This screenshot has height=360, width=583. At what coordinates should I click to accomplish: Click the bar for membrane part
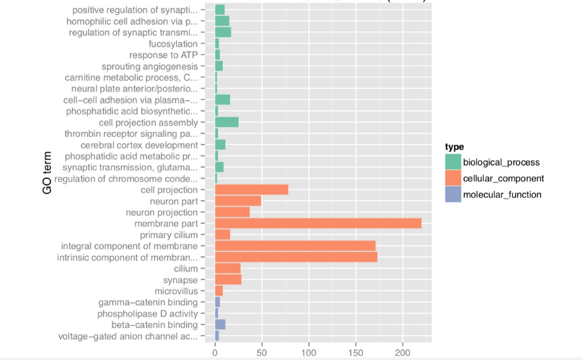tap(318, 224)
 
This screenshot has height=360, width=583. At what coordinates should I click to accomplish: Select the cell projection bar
tap(251, 190)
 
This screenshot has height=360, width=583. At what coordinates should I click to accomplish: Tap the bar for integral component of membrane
tap(295, 246)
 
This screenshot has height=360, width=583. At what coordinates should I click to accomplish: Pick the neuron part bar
tap(238, 201)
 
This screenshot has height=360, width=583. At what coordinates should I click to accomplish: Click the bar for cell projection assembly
tap(227, 122)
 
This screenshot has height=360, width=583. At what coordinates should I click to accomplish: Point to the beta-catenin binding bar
tap(220, 325)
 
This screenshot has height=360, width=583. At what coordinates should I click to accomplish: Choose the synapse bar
tap(228, 280)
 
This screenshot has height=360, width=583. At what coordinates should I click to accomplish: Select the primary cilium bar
tap(222, 235)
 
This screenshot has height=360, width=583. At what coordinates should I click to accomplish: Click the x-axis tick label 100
tap(309, 353)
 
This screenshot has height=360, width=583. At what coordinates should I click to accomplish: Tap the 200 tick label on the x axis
tap(403, 353)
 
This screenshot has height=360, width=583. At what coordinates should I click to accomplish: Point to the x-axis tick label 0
tap(215, 353)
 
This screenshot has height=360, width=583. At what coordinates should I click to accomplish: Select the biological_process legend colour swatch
tap(453, 162)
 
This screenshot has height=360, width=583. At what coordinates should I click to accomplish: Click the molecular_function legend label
tap(502, 195)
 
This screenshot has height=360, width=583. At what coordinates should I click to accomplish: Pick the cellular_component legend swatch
tap(453, 178)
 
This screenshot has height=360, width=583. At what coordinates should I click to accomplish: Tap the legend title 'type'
tap(454, 147)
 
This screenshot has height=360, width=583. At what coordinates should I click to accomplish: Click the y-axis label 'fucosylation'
tap(173, 44)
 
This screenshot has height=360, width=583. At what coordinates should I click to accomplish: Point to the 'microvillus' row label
tap(176, 291)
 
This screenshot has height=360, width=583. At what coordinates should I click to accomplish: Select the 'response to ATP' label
tap(163, 55)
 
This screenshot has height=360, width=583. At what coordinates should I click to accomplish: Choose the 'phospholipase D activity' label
tap(147, 314)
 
